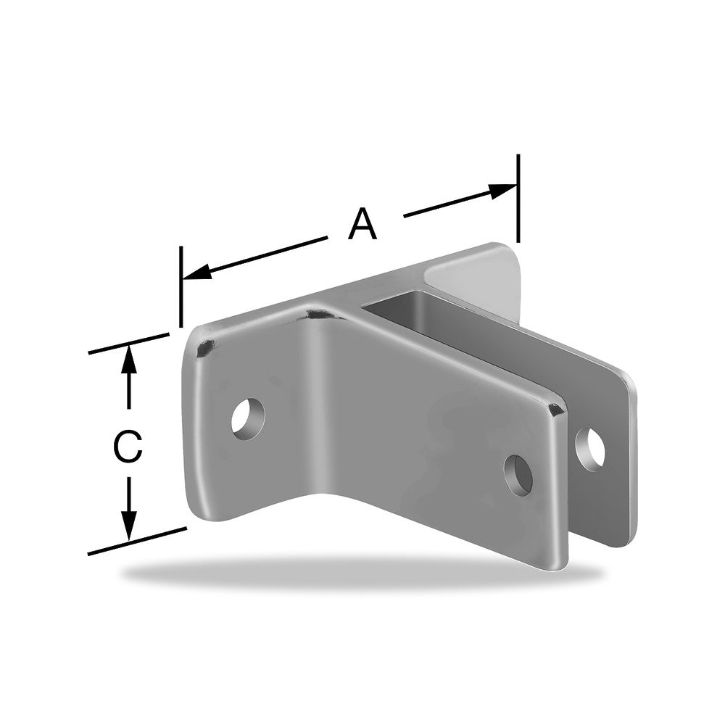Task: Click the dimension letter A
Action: [362, 224]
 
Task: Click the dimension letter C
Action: [127, 447]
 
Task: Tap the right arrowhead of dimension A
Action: [502, 191]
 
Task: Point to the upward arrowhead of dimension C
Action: [128, 360]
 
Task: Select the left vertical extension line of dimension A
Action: [181, 286]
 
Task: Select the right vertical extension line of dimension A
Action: [518, 199]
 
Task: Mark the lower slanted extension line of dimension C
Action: [137, 541]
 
